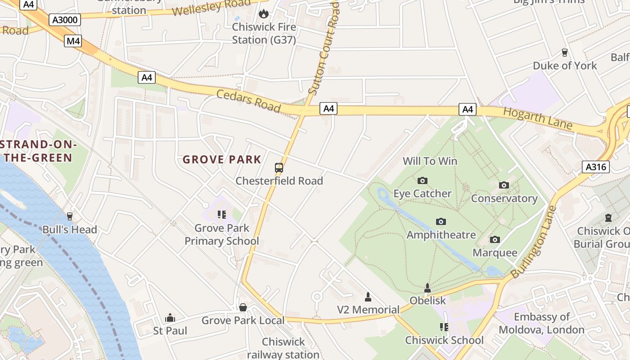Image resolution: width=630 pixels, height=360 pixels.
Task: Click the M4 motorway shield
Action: [x=73, y=41]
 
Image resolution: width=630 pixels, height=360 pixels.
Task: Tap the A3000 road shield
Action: [x=65, y=20]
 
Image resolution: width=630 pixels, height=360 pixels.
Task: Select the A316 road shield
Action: [x=596, y=167]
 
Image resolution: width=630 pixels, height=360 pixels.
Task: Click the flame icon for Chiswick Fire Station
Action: [x=264, y=13]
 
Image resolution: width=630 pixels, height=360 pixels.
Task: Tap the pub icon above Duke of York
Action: [x=565, y=53]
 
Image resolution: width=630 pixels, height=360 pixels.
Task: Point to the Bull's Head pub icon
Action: [x=69, y=216]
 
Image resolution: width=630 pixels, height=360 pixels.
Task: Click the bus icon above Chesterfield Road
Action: [x=279, y=168]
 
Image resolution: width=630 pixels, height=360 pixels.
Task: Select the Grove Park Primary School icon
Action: [x=221, y=215]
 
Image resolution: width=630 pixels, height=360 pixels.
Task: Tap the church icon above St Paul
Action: [x=170, y=318]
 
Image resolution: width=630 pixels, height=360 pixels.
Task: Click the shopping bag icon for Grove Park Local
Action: [x=243, y=307]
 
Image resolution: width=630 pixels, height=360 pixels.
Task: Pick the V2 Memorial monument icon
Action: [x=368, y=297]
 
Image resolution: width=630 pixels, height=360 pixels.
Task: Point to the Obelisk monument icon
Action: [x=427, y=288]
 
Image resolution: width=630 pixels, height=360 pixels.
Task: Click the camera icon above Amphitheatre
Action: [x=441, y=221]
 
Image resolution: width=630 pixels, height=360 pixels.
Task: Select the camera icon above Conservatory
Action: [x=504, y=185]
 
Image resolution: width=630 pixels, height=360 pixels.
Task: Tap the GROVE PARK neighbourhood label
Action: [x=222, y=159]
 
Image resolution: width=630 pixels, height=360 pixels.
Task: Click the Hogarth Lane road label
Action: [x=537, y=118]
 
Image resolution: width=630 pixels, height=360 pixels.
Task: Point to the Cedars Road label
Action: [x=248, y=101]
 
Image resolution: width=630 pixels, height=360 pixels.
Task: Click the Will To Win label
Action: [x=430, y=161]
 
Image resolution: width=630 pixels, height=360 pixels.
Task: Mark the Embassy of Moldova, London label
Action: [x=542, y=323]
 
